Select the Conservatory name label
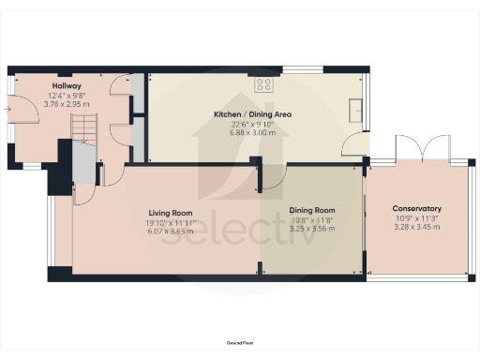pyautogui.click(x=416, y=208)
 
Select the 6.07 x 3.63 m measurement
pyautogui.click(x=169, y=231)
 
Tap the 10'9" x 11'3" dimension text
pyautogui.click(x=416, y=217)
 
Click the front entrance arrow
pyautogui.click(x=7, y=110)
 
